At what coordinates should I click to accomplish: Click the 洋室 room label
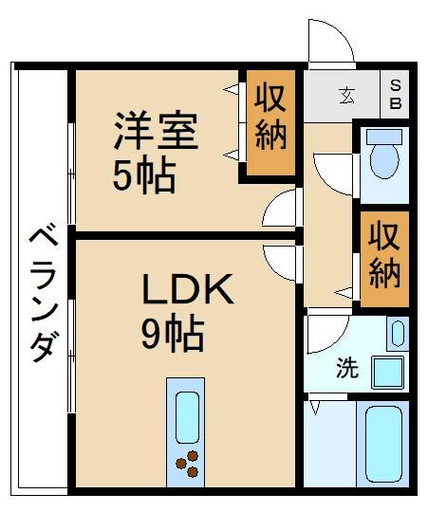click(157, 132)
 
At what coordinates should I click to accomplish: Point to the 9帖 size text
click(174, 333)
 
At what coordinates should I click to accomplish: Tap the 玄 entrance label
click(346, 94)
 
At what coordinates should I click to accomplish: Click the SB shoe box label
click(396, 93)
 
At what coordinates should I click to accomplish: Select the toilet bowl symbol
click(384, 156)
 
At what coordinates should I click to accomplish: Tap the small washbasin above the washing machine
click(397, 333)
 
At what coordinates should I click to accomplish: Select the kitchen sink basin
click(188, 416)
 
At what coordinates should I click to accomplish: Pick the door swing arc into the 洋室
click(281, 210)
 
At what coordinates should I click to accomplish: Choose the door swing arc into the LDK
click(282, 258)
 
